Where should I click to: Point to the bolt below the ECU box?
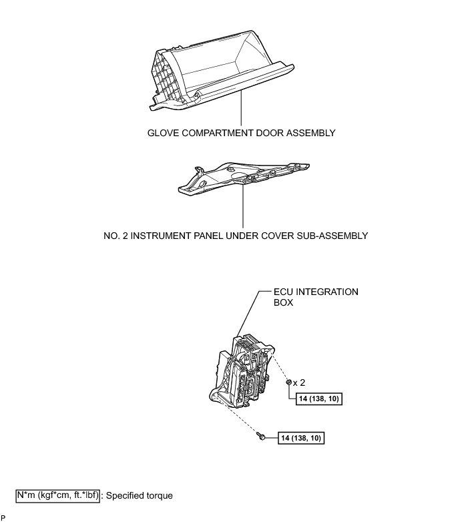(261, 436)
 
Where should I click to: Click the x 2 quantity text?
(299, 383)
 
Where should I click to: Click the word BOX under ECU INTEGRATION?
(284, 302)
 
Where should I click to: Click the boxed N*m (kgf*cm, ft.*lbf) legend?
(57, 496)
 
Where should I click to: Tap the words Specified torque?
(140, 496)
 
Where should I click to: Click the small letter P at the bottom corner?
(3, 517)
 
